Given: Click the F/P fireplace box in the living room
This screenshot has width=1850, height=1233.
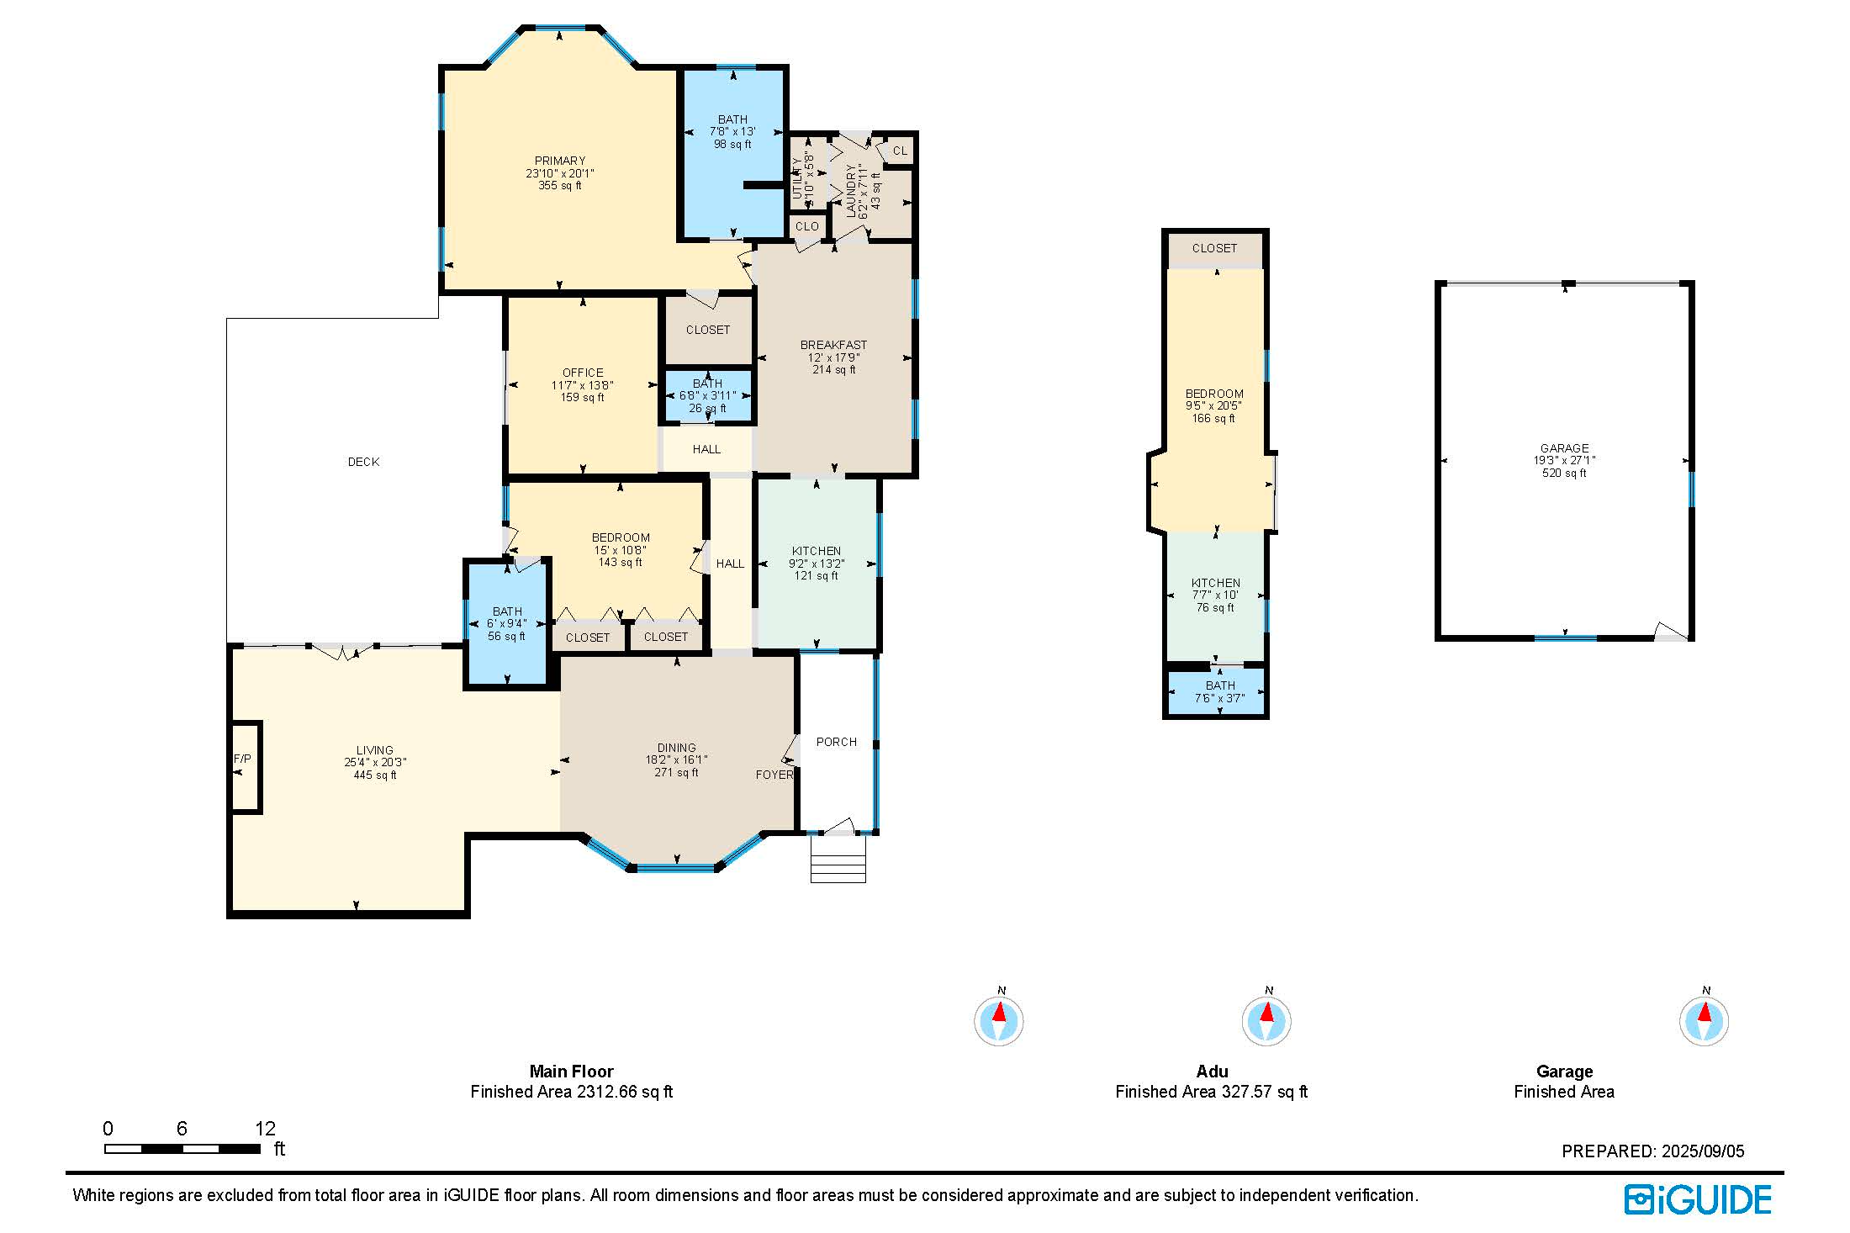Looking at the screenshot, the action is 246,766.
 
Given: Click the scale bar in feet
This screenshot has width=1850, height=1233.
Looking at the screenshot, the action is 182,1148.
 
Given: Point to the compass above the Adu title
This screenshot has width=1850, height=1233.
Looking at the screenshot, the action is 1266,1020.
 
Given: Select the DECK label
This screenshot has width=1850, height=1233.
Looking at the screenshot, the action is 363,462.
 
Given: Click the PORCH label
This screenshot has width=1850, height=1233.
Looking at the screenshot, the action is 837,742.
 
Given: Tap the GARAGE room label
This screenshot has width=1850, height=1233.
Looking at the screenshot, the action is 1564,448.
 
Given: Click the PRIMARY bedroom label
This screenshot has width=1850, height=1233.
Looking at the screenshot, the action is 560,161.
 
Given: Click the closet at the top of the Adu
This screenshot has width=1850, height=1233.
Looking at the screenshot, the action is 1215,250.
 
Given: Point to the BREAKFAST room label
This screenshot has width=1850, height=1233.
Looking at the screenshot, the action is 833,345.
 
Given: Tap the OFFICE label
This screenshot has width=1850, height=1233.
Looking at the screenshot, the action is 583,373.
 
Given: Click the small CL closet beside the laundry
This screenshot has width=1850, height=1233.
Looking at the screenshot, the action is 900,151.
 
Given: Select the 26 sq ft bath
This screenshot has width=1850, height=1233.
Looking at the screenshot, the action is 708,395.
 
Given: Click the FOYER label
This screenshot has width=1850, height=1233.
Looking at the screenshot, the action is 774,775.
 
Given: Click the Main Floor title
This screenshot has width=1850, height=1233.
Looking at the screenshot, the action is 572,1072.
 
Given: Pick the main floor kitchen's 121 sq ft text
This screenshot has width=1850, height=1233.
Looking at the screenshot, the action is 817,576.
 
